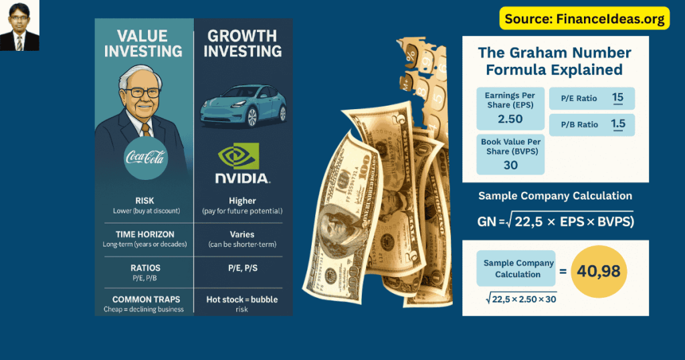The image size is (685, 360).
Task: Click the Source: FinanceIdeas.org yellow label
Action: pos(585,18)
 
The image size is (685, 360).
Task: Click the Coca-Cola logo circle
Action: pos(145,159)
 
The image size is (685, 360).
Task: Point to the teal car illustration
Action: pos(243,106)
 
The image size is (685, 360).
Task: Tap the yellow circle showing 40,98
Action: pos(601,272)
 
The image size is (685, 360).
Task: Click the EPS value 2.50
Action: pos(510,119)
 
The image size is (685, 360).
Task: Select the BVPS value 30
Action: pos(510,165)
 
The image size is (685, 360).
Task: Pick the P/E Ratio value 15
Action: pos(617,98)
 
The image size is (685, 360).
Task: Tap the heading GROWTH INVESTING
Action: pos(243,43)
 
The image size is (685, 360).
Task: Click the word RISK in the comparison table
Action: pos(144,200)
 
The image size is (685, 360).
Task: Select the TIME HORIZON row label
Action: pos(144,234)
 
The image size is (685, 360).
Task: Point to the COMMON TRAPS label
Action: pos(144,299)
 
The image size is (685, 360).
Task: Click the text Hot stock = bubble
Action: pos(242,299)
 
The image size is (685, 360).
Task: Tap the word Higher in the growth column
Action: pos(242,200)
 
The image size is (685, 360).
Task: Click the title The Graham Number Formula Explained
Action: pos(555,61)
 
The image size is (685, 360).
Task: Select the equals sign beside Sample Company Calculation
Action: pos(563,271)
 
